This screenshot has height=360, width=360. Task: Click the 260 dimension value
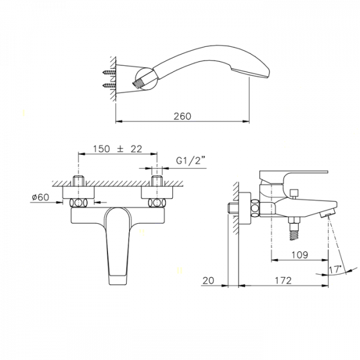point(182,116)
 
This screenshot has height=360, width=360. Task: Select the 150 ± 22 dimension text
point(118,149)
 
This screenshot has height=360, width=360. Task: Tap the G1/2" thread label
point(190,160)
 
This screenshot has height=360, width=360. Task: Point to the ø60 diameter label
point(40,197)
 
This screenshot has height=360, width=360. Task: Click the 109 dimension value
point(300,254)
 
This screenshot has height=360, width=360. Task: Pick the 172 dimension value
point(283,280)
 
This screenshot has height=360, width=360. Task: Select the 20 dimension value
point(208,280)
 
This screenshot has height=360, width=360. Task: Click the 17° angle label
point(335,269)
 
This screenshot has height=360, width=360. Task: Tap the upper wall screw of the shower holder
point(109,73)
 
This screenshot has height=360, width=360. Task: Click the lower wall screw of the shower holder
point(109,86)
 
